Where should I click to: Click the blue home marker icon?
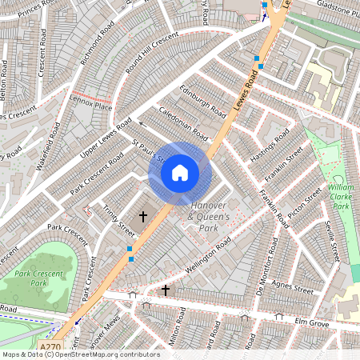pos(180,172)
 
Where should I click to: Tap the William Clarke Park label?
pos(342,196)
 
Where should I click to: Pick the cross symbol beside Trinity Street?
pos(144,216)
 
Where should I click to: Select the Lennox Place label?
pos(93,105)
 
